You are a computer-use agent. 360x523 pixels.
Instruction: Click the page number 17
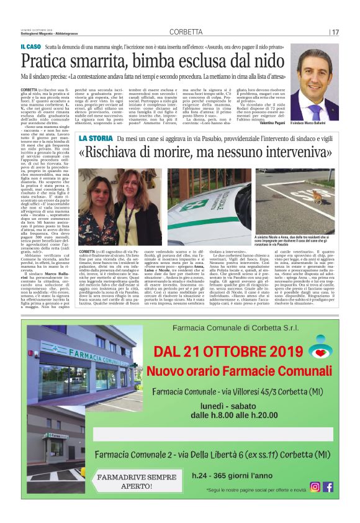(335, 32)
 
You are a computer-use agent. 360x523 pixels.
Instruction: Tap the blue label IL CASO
(30, 47)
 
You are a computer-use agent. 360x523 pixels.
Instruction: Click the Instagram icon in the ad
(315, 486)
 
